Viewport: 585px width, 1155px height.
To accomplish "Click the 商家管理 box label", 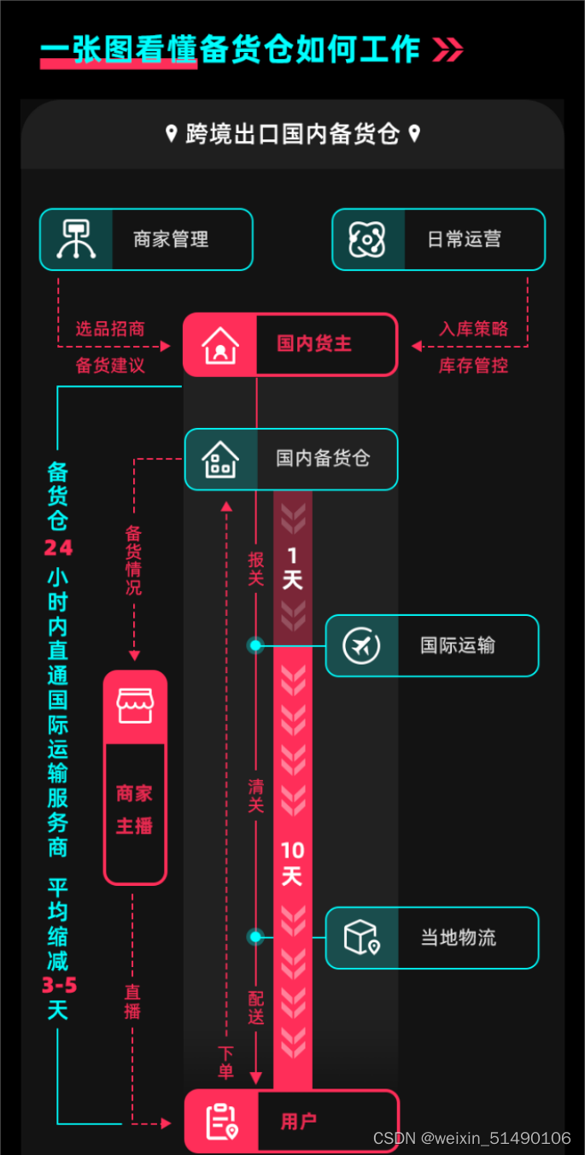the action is pyautogui.click(x=171, y=240).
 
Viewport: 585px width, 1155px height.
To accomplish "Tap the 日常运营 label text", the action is pyautogui.click(x=464, y=240).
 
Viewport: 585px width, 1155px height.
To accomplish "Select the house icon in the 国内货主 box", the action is pyautogui.click(x=220, y=345).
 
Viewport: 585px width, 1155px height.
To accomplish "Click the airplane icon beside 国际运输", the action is pyautogui.click(x=361, y=646).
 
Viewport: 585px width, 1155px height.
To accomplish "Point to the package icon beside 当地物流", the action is pyautogui.click(x=361, y=938).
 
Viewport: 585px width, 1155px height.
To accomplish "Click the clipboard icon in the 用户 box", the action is pyautogui.click(x=221, y=1122).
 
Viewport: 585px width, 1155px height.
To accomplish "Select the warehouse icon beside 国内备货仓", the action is pyautogui.click(x=220, y=460).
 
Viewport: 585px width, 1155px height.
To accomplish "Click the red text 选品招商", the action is pyautogui.click(x=110, y=329).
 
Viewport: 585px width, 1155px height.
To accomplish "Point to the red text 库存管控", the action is pyautogui.click(x=474, y=366).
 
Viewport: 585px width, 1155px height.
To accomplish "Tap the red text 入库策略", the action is pyautogui.click(x=474, y=329).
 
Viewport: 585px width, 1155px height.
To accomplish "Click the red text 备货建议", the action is pyautogui.click(x=110, y=366).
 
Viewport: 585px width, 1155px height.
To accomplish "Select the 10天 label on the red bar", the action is pyautogui.click(x=292, y=864).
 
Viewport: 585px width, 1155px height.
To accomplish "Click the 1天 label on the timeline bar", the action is pyautogui.click(x=292, y=569).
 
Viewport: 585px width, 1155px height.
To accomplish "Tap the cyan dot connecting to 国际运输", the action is pyautogui.click(x=255, y=645).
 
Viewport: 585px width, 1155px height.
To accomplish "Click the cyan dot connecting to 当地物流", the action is pyautogui.click(x=255, y=937).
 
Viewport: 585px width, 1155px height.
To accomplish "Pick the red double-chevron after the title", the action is pyautogui.click(x=448, y=50).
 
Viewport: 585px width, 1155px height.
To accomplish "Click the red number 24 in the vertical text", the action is pyautogui.click(x=58, y=548).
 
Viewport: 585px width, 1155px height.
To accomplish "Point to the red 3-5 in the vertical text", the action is pyautogui.click(x=59, y=986).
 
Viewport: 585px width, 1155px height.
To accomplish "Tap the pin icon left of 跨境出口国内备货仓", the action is pyautogui.click(x=171, y=133).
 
